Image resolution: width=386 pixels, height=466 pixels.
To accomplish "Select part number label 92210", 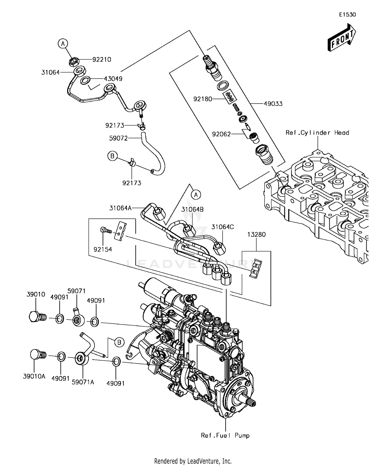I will (102, 60).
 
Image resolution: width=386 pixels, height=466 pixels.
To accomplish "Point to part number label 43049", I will (113, 79).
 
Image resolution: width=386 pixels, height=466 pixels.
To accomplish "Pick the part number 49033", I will (273, 104).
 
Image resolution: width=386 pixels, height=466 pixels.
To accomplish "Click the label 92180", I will (203, 99).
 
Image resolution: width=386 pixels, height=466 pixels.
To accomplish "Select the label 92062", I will (221, 134).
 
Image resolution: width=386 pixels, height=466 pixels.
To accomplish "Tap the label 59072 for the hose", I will (118, 138).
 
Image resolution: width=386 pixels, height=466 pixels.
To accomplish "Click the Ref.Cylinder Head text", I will (317, 133).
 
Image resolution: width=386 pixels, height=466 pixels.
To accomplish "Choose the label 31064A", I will (120, 208).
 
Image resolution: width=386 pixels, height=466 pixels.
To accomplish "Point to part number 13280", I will (257, 235).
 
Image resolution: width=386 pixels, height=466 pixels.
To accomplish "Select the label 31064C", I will (223, 227).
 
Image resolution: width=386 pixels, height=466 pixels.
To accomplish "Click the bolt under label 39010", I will (37, 316).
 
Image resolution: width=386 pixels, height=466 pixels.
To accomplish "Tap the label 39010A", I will (34, 376).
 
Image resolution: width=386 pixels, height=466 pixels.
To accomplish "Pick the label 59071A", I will (83, 382).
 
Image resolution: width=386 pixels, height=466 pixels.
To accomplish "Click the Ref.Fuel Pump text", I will (225, 436).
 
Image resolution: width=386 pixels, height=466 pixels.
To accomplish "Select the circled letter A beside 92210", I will (63, 44).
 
